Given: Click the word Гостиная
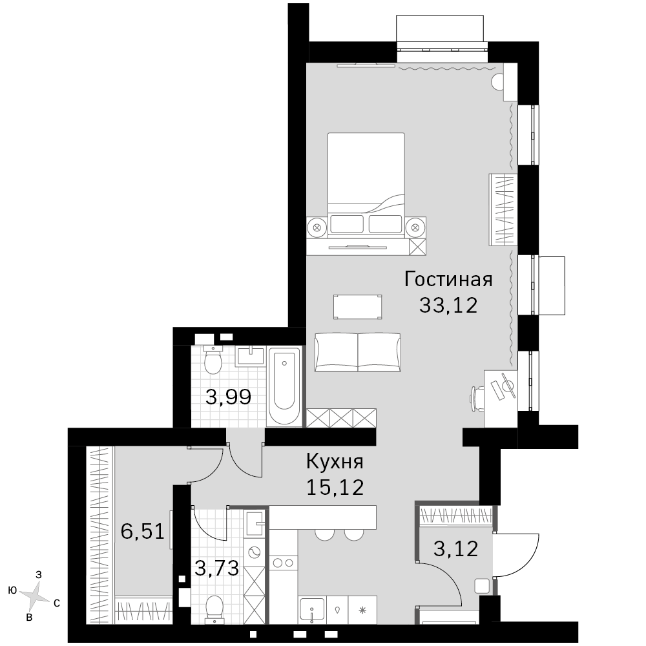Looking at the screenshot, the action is pos(448,279).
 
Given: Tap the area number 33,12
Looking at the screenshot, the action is pos(448,306).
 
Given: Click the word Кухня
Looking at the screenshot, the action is pos(335,461).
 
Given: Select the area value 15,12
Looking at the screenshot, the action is pos(335,487).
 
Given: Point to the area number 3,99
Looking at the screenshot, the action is pos(228,397).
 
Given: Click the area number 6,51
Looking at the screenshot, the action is pos(143,531).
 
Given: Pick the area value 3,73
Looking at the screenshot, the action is pos(216,568).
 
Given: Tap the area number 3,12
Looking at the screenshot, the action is pos(455,548).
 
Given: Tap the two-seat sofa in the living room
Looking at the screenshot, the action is pos(358,352).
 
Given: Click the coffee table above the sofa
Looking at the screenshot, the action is pos(358,306).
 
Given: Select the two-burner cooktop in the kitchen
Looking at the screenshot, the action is pos(284,563).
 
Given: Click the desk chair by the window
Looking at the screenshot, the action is pos(477,399).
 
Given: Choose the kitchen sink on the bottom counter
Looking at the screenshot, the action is pos(312,609).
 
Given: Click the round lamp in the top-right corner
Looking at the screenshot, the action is pos(497,81).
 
